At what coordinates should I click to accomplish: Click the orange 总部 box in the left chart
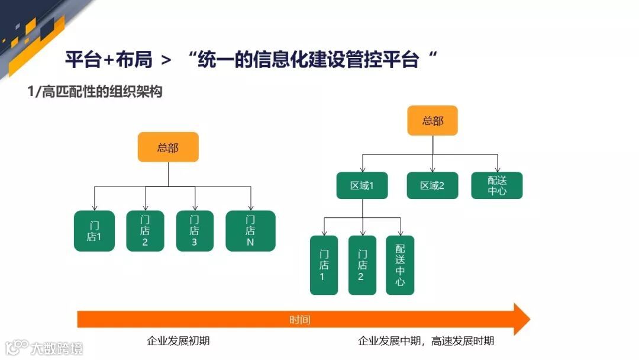point(168,147)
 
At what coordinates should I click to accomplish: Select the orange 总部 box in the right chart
point(433,121)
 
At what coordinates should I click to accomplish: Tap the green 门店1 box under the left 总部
point(94,231)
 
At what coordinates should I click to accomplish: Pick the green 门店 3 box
point(195,231)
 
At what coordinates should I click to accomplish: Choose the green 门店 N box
point(250,231)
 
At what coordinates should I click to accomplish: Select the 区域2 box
point(432,185)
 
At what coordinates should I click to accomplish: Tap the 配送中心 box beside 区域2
point(497,185)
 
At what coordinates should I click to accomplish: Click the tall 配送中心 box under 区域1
point(400,265)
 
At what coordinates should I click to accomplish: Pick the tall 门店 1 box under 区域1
point(324,265)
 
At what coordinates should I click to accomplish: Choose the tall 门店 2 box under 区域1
point(362,265)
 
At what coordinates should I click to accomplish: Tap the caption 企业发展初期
point(178,341)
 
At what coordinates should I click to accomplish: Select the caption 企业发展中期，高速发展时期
point(426,341)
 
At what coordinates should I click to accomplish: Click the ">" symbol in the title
point(166,60)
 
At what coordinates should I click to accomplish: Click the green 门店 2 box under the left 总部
point(145,231)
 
